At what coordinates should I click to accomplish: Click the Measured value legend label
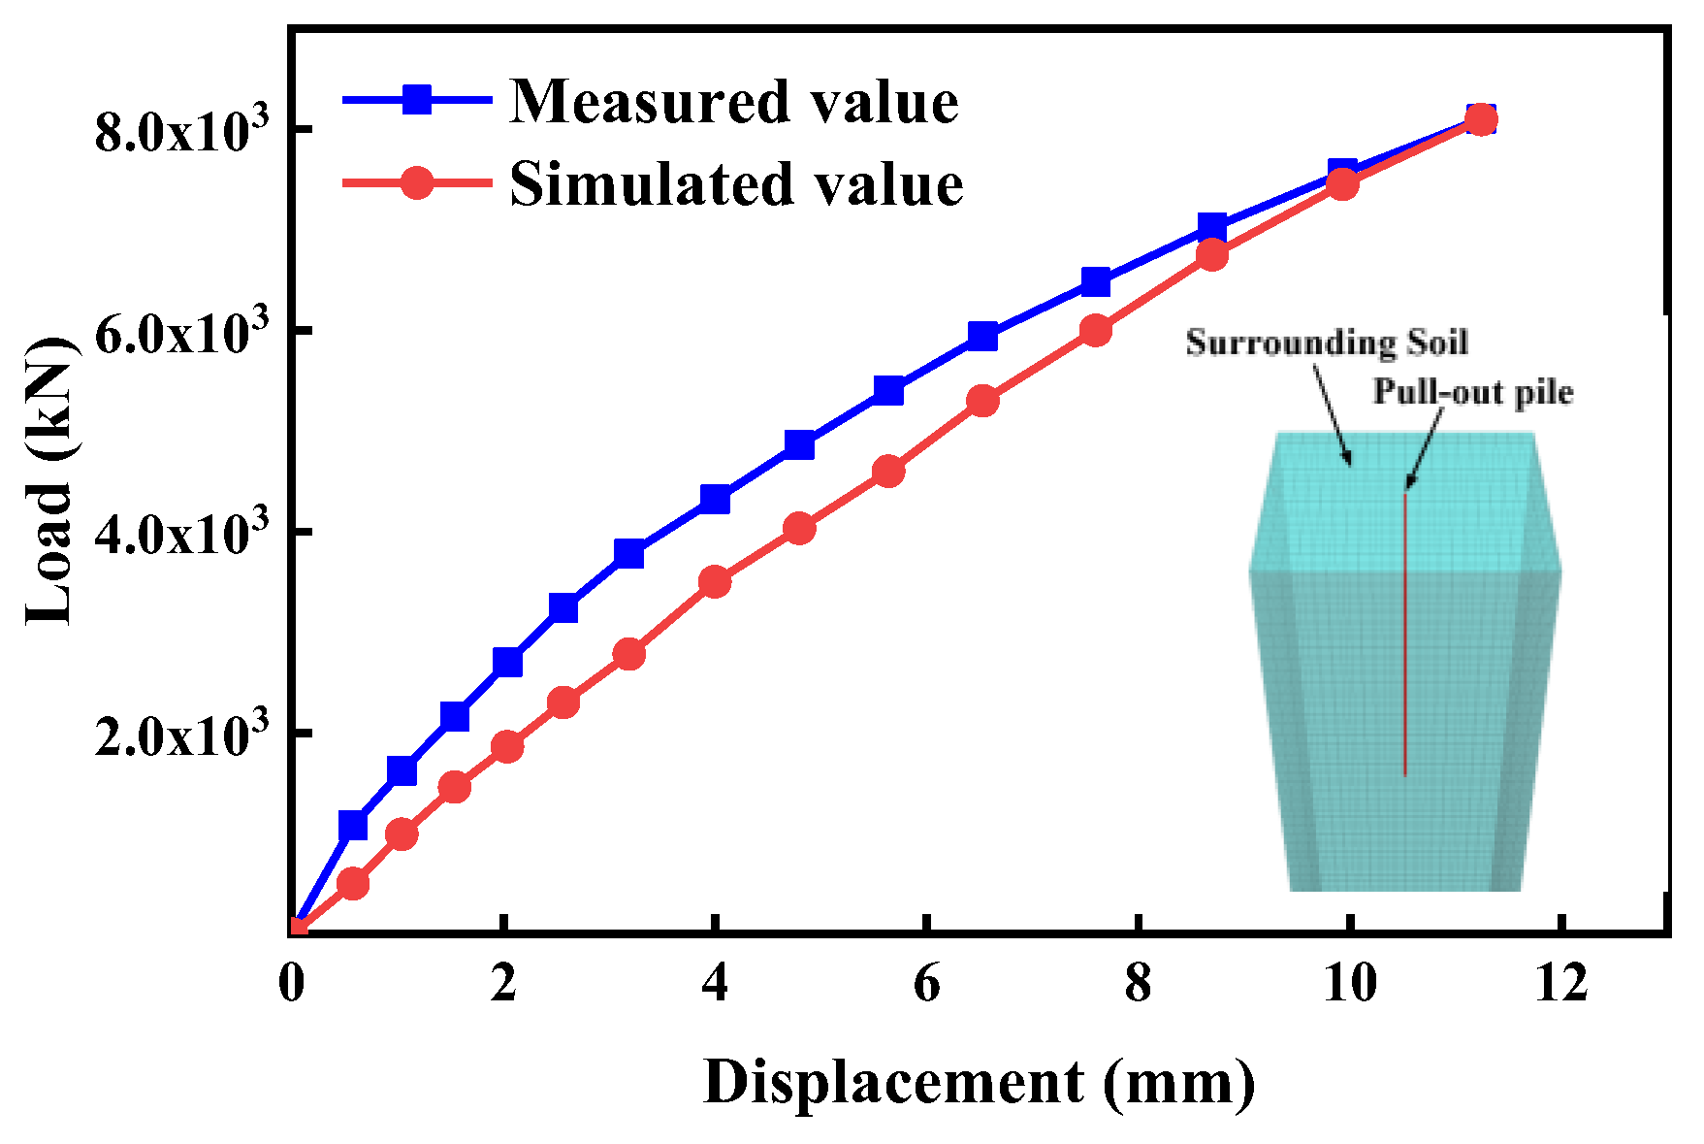pyautogui.click(x=734, y=101)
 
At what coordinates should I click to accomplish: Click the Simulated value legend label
pyautogui.click(x=736, y=183)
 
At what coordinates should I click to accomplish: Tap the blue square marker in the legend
pyautogui.click(x=417, y=100)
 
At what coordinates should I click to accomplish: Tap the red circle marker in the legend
pyautogui.click(x=417, y=182)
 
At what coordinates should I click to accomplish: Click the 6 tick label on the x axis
pyautogui.click(x=927, y=984)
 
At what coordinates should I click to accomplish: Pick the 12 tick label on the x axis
pyautogui.click(x=1562, y=984)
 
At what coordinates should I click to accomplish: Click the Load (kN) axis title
pyautogui.click(x=50, y=482)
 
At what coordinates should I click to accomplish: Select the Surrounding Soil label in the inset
pyautogui.click(x=1327, y=343)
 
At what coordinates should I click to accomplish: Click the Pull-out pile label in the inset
pyautogui.click(x=1472, y=391)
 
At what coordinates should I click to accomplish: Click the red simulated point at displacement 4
pyautogui.click(x=715, y=582)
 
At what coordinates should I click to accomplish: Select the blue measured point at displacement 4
pyautogui.click(x=715, y=500)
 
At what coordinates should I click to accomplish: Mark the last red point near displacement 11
pyautogui.click(x=1480, y=120)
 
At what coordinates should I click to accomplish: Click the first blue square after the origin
pyautogui.click(x=353, y=826)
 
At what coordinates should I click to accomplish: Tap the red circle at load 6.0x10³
pyautogui.click(x=1096, y=331)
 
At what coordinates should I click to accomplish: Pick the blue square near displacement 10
pyautogui.click(x=1342, y=172)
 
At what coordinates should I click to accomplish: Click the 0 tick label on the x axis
pyautogui.click(x=291, y=984)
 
